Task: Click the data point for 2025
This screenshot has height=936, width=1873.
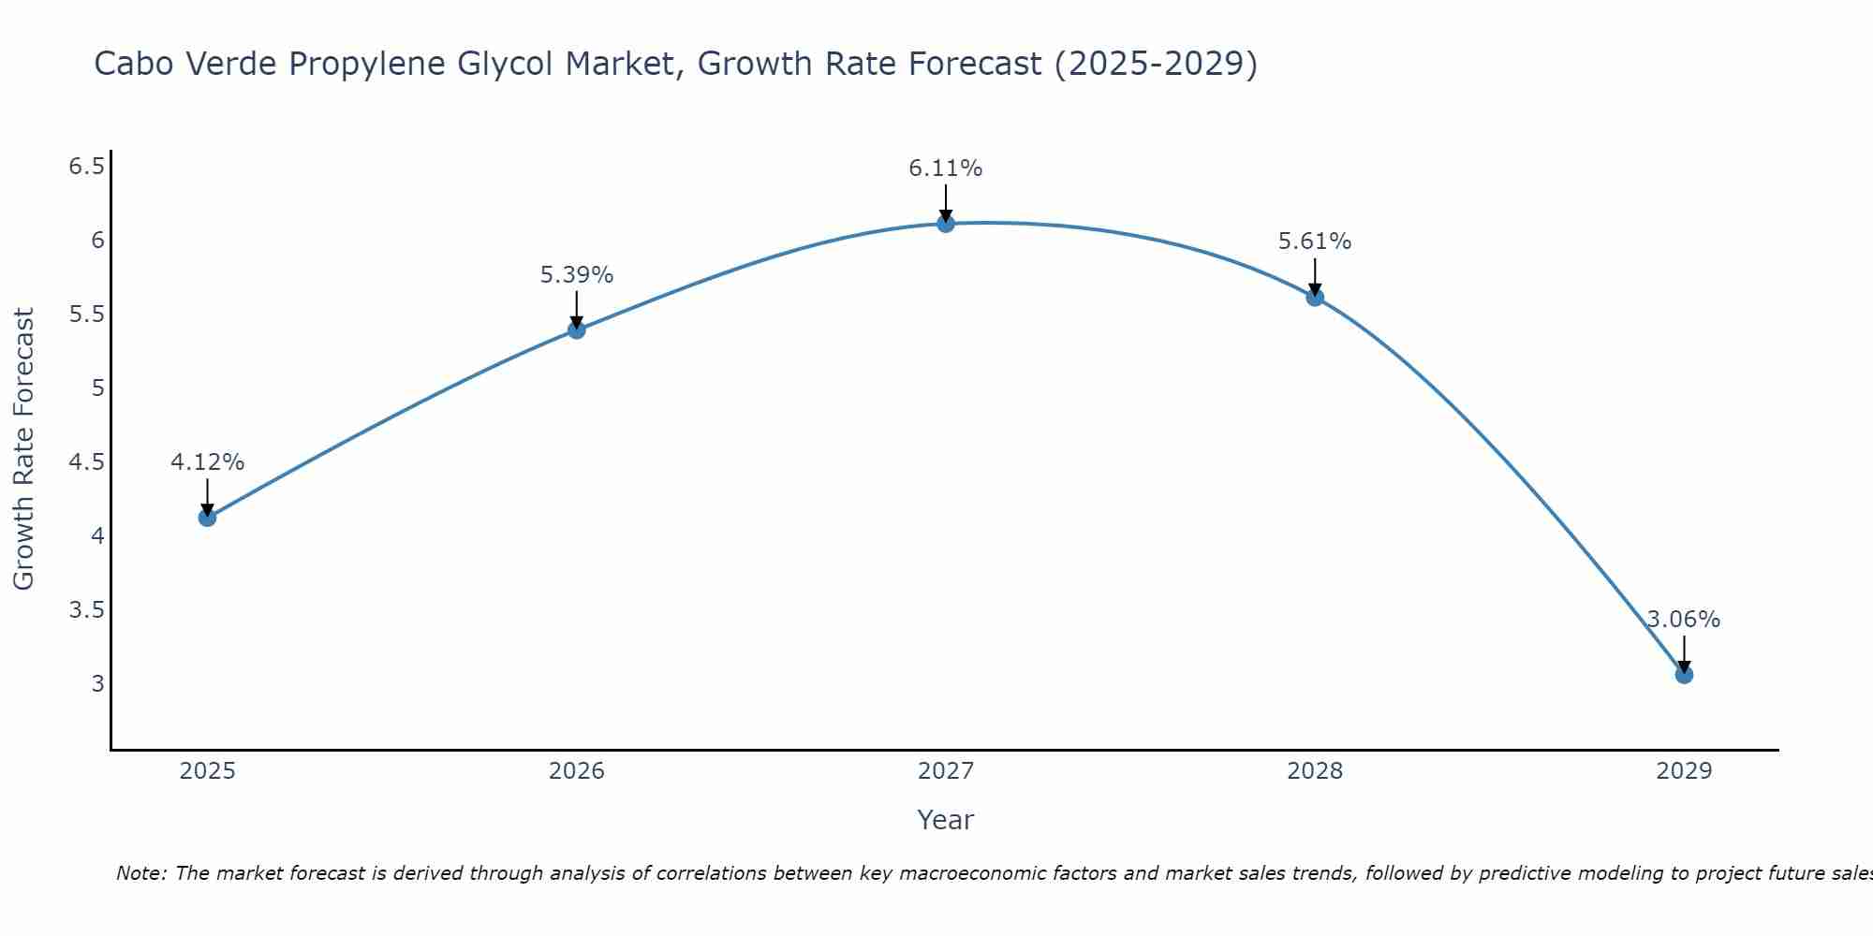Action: click(207, 518)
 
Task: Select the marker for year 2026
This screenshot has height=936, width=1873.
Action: click(576, 329)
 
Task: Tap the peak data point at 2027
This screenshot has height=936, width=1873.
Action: click(945, 224)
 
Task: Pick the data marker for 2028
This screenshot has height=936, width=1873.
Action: click(1314, 298)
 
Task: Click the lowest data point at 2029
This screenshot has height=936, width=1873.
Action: click(1683, 675)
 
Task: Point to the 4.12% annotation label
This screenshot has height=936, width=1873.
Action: click(207, 462)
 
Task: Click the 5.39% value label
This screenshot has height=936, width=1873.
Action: click(576, 275)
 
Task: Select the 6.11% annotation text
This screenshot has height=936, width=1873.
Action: click(945, 168)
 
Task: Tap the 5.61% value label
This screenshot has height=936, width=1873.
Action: click(1314, 241)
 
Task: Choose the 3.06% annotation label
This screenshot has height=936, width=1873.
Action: click(1683, 620)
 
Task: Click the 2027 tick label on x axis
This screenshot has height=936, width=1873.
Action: click(945, 771)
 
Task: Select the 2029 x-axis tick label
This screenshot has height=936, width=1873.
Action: click(1683, 771)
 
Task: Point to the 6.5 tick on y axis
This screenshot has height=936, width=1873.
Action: click(86, 167)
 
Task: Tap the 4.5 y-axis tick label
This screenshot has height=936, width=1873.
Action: click(86, 462)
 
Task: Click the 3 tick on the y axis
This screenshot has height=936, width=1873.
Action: click(97, 684)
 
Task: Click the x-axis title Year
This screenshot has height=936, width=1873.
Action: click(945, 820)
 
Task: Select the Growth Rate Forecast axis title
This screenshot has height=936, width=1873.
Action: click(23, 449)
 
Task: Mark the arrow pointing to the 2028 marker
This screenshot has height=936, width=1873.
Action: click(1314, 277)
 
